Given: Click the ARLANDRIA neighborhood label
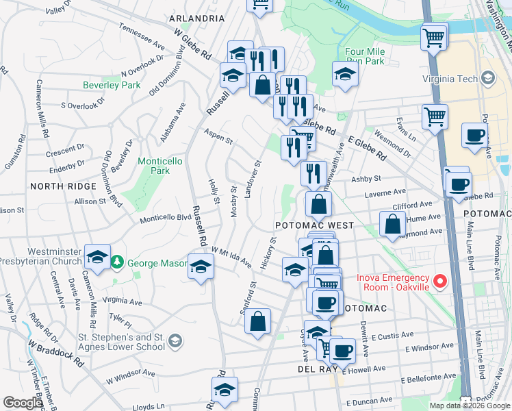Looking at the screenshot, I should pos(198,18).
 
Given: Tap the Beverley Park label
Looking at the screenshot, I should pos(112,85).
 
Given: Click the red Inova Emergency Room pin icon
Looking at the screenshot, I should pos(441,281).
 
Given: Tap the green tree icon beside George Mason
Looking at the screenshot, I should pos(118,262).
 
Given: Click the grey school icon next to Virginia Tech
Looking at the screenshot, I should pos(487,79).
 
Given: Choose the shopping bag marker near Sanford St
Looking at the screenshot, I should pos(257,321).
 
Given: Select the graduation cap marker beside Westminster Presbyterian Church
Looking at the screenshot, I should pos(98,258).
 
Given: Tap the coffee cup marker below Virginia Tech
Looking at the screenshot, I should pos(474,135).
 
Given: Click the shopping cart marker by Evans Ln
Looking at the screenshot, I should pos(435,117).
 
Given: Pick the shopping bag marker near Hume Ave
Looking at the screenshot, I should pos(392,224).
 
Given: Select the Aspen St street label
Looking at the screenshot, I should pos(218,136).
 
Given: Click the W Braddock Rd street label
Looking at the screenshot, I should pos(56,351).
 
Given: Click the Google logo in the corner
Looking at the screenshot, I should pos(22,403).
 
